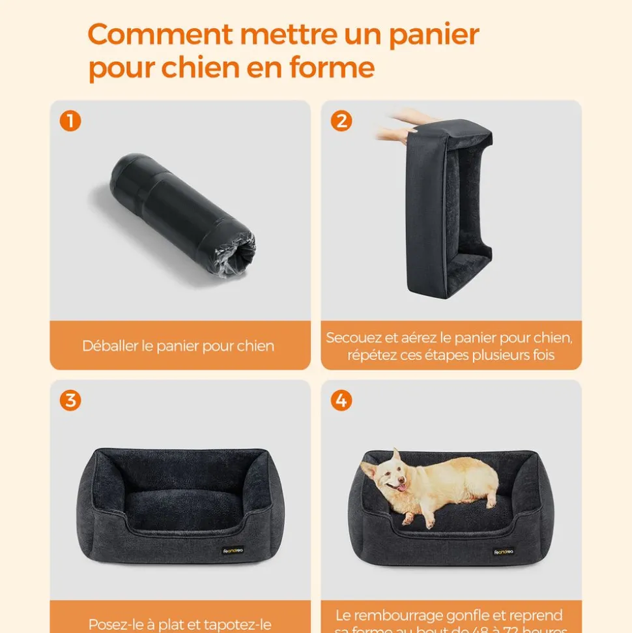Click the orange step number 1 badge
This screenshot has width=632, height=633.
click(x=70, y=121)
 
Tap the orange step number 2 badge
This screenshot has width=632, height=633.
click(x=341, y=121)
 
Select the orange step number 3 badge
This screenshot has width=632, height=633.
click(x=70, y=400)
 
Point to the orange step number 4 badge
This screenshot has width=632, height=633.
click(x=341, y=400)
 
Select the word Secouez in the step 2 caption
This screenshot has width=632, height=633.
click(x=353, y=338)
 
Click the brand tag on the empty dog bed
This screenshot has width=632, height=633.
click(x=233, y=551)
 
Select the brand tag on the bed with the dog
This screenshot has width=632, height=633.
click(x=504, y=552)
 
